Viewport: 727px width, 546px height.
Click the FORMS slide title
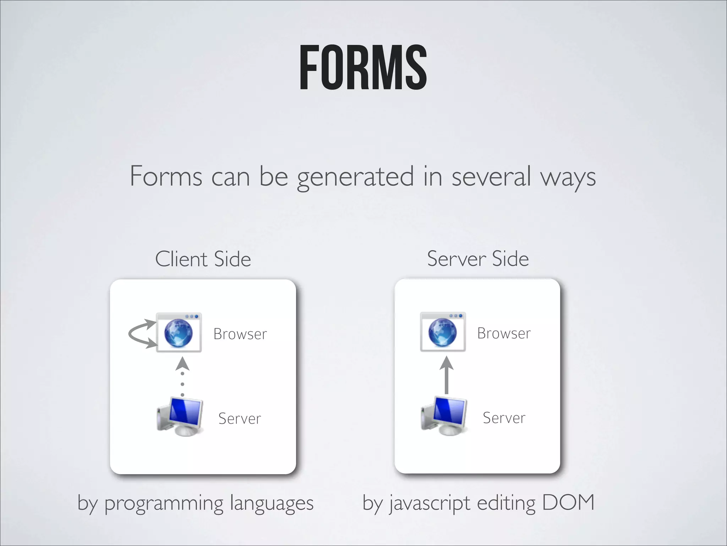pos(363,68)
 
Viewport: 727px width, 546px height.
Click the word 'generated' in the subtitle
pos(355,177)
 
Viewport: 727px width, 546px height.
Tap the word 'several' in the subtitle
pos(491,176)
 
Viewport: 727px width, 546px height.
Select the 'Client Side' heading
pos(203,259)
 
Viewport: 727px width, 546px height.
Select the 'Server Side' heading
pos(478,258)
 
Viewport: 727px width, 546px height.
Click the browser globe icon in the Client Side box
pos(179,333)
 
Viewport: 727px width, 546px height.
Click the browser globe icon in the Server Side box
pos(443,332)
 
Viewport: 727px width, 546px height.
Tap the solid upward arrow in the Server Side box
pos(447,375)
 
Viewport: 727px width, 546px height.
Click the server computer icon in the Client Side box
pos(180,417)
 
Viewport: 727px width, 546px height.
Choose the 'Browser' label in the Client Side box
pos(240,334)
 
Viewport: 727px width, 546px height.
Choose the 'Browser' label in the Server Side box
pos(504,333)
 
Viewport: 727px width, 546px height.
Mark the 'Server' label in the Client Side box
pos(240,418)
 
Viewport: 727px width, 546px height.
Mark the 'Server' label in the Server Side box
pos(504,418)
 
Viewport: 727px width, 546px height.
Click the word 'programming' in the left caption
pos(164,504)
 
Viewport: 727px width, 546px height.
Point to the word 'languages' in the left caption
pos(272,504)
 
